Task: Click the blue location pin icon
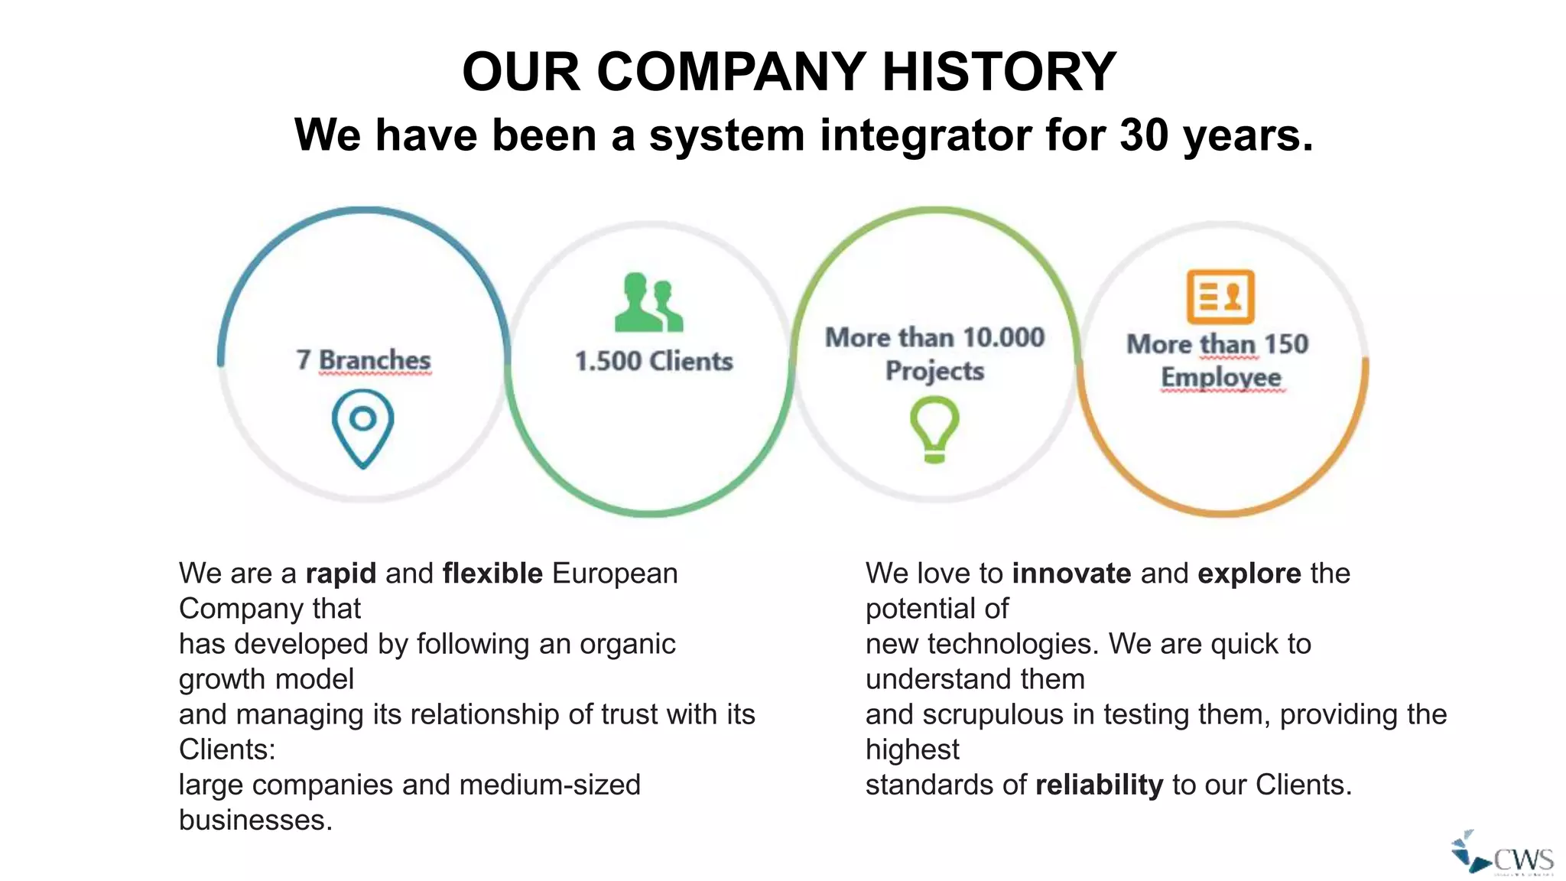pyautogui.click(x=363, y=427)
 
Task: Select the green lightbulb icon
pyautogui.click(x=934, y=429)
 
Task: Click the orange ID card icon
pyautogui.click(x=1220, y=297)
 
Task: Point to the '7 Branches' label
pyautogui.click(x=363, y=359)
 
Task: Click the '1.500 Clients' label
pyautogui.click(x=654, y=361)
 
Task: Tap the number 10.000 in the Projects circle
pyautogui.click(x=1003, y=337)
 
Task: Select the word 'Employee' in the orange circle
pyautogui.click(x=1221, y=377)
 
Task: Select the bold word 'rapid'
pyautogui.click(x=341, y=574)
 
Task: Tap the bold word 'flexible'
pyautogui.click(x=492, y=574)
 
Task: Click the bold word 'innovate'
pyautogui.click(x=1071, y=574)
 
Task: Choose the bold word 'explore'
pyautogui.click(x=1249, y=574)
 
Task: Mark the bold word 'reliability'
pyautogui.click(x=1099, y=785)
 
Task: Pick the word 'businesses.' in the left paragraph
pyautogui.click(x=255, y=820)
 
